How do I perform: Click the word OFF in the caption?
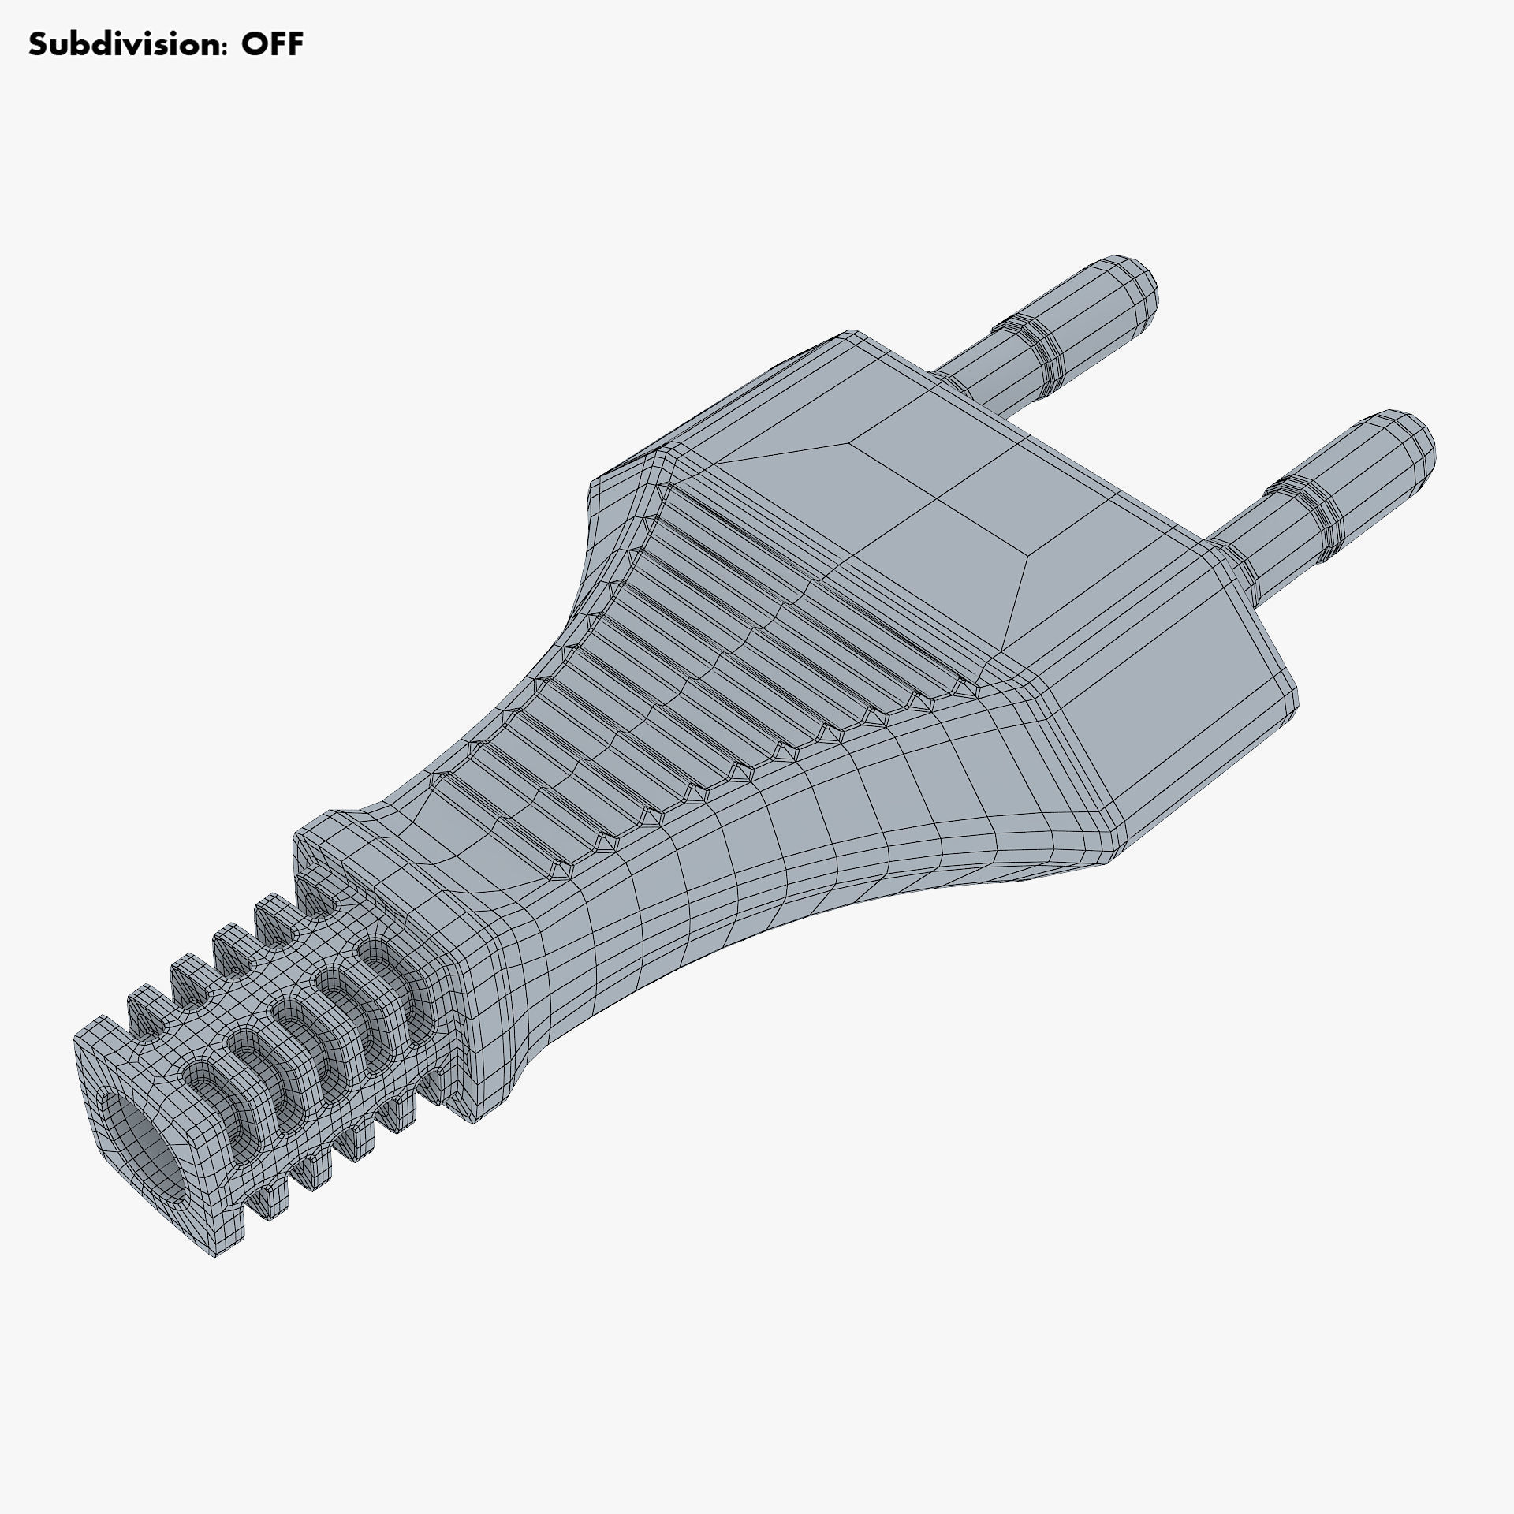click(x=272, y=45)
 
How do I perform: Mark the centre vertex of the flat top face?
click(x=939, y=498)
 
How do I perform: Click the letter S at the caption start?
click(x=39, y=45)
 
